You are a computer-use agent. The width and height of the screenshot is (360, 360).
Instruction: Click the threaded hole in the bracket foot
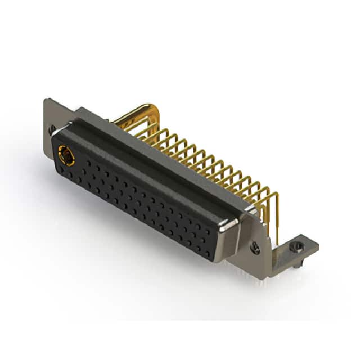coord(298,245)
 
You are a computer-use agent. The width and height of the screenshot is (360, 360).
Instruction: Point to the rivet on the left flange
coord(52,128)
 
